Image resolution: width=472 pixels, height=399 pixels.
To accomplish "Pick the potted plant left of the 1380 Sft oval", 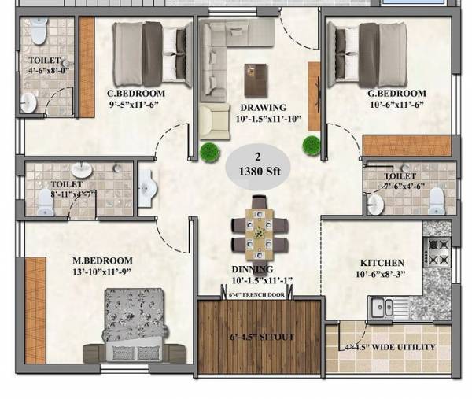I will pyautogui.click(x=209, y=152).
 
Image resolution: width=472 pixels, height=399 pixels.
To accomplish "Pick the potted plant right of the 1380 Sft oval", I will pyautogui.click(x=312, y=145).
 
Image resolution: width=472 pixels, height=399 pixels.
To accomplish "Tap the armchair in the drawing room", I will pyautogui.click(x=215, y=121).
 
